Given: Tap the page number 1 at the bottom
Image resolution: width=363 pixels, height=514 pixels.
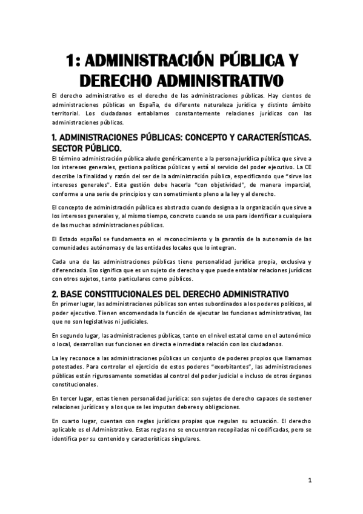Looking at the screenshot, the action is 309,481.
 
